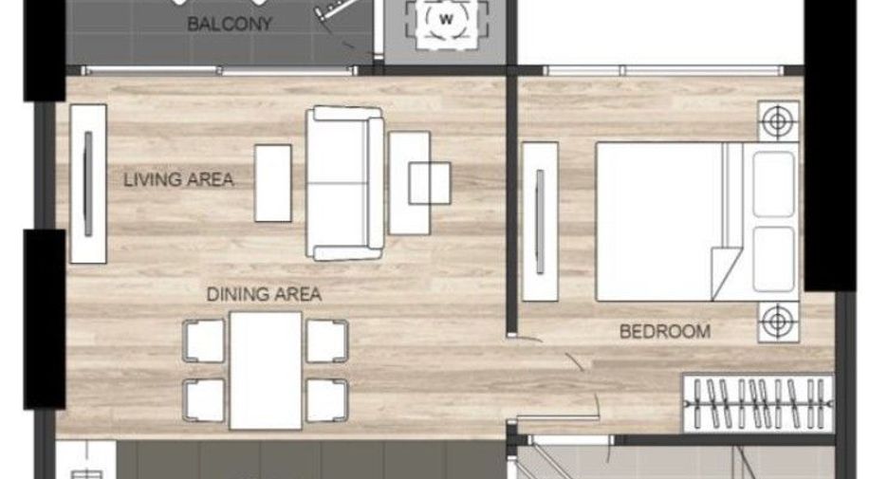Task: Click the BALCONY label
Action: [230, 24]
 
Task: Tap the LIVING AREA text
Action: [178, 180]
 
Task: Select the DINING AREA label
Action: [264, 294]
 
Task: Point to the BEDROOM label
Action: [665, 331]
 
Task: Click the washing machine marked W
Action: [446, 22]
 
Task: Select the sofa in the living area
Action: [344, 183]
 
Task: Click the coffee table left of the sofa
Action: [273, 183]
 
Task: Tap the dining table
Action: [266, 370]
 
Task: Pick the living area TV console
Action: [88, 184]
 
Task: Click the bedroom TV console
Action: [540, 221]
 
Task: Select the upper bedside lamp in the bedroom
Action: [778, 121]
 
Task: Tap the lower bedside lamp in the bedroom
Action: [778, 322]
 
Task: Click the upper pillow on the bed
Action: [773, 184]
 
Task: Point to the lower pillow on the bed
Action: [773, 259]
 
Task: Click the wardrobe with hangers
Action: [758, 403]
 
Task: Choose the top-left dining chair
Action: [204, 341]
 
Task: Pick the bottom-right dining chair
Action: [326, 400]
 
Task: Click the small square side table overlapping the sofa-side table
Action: [430, 183]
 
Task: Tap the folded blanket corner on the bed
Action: [726, 273]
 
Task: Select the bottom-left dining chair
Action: [204, 400]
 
